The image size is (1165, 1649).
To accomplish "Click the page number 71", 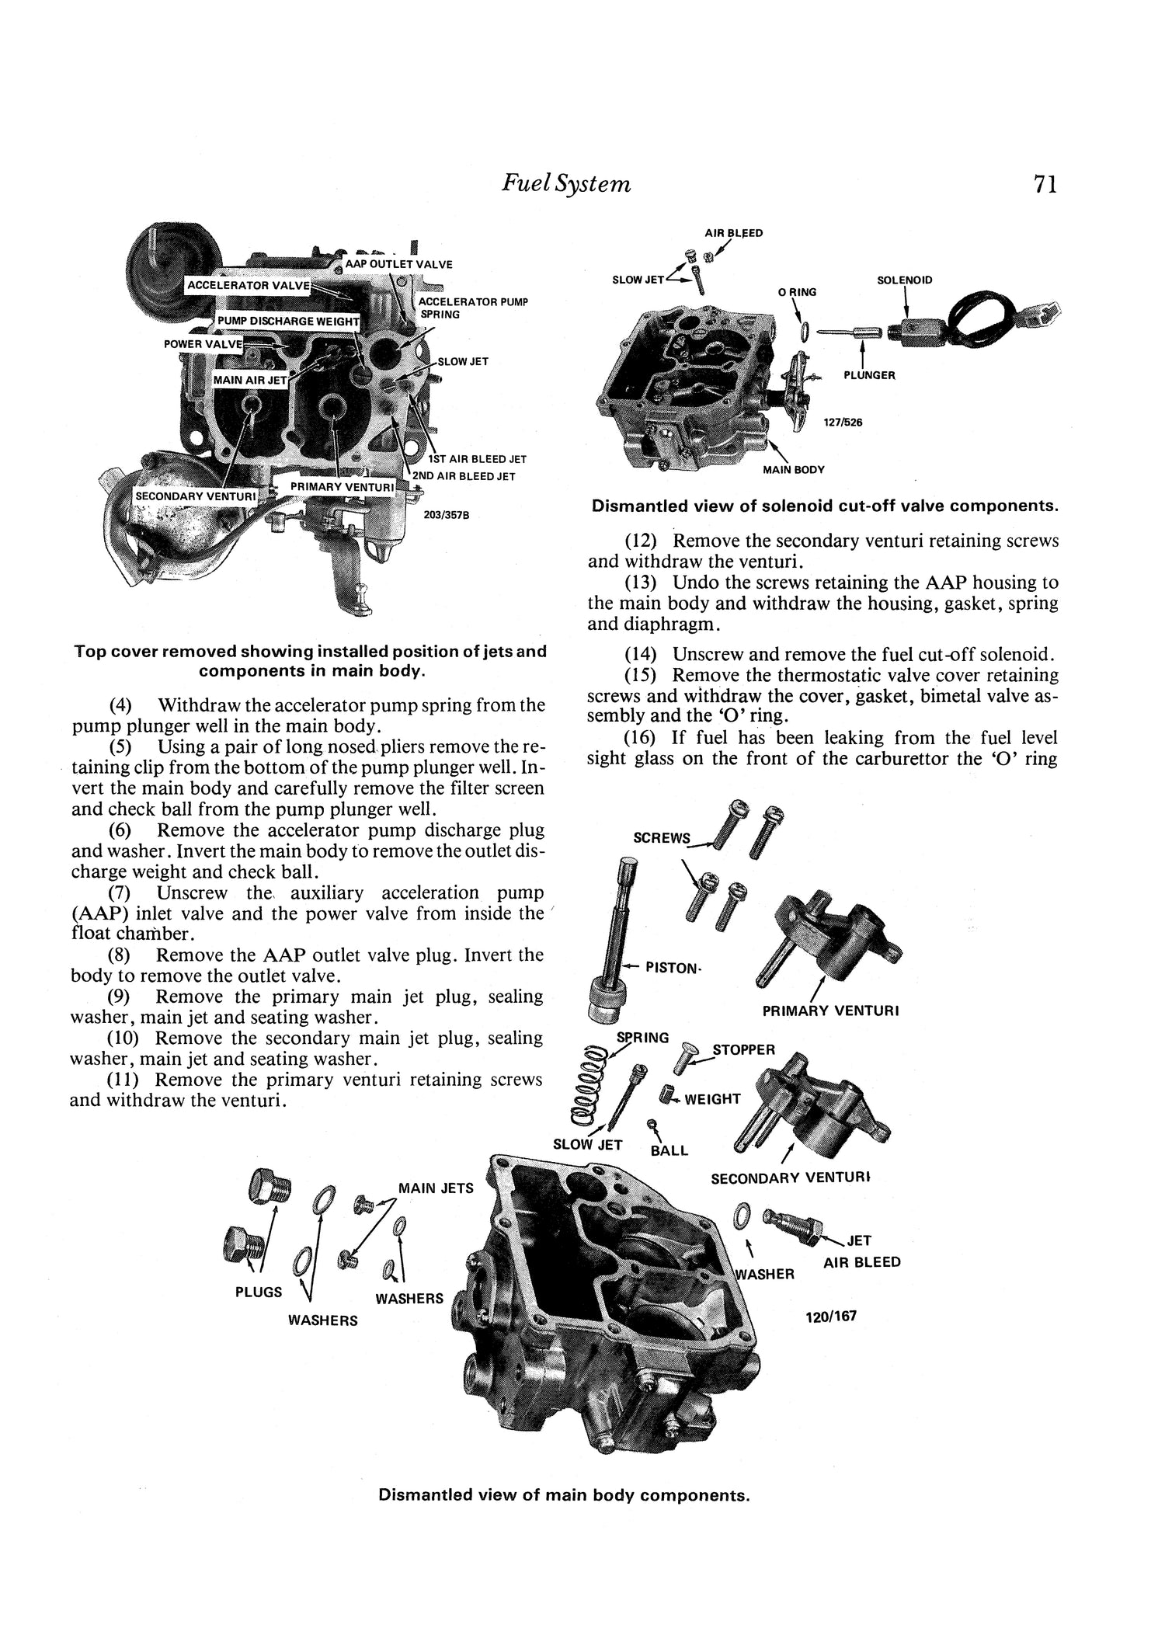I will point(1045,184).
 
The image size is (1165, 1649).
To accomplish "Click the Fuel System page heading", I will point(565,183).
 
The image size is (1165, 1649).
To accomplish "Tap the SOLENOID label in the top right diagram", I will point(904,280).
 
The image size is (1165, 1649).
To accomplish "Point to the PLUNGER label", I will point(869,375).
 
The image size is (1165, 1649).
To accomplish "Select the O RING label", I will point(797,292).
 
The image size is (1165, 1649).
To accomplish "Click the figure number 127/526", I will point(843,423).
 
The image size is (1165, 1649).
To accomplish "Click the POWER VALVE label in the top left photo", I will point(203,343).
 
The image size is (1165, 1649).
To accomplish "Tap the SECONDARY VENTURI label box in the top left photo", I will point(196,496).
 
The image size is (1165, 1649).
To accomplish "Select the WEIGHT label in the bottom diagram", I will point(712,1099).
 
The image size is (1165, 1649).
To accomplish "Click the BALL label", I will point(669,1150).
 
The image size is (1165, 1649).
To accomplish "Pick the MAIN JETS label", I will point(436,1188).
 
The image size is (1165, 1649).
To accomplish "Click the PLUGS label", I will point(259,1292).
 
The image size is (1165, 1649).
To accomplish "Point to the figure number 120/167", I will point(831,1317).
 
